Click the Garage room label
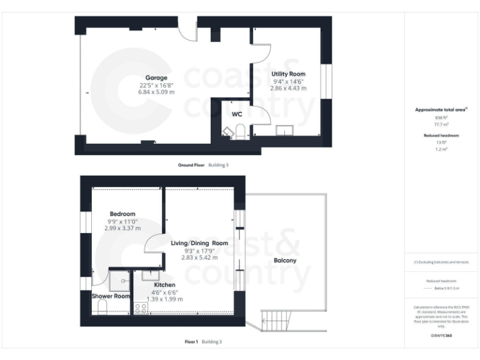pos(157,78)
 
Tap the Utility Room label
pos(288,74)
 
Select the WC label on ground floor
pos(237,114)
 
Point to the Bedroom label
pos(122,212)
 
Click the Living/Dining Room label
pos(199,242)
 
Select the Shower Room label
pos(111,296)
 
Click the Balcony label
pos(285,260)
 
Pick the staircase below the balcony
pos(274,321)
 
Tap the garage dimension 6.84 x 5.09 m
pos(157,92)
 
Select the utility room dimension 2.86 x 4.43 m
pos(288,88)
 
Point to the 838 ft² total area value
pos(441,117)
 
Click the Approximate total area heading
pos(440,109)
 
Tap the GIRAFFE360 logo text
pos(441,336)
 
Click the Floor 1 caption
pos(191,342)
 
